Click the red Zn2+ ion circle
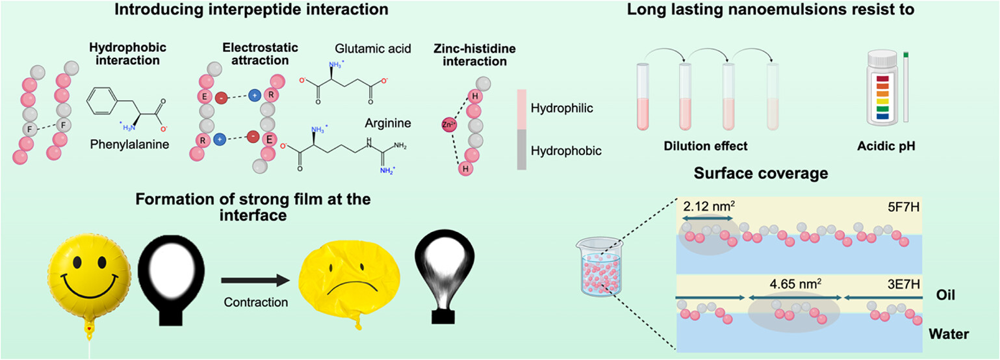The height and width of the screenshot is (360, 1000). (x=448, y=125)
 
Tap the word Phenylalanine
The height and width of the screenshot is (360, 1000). (x=129, y=144)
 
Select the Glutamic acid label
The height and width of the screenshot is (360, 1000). (x=373, y=49)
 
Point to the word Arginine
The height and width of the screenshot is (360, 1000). (x=388, y=123)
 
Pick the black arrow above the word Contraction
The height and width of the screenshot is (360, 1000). (x=256, y=281)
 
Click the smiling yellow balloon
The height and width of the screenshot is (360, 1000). (x=89, y=272)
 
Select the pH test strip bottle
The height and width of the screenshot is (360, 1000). (x=882, y=88)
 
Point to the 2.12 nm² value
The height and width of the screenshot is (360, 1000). (x=709, y=207)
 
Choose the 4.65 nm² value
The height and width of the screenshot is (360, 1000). (x=795, y=284)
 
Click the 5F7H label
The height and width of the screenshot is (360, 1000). (x=904, y=207)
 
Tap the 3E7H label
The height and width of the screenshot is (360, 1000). (x=904, y=285)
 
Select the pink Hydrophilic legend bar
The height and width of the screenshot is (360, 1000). (x=521, y=109)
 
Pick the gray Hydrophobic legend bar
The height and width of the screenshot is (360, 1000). (x=521, y=149)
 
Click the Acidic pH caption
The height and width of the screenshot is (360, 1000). (x=886, y=146)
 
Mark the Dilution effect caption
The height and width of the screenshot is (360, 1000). (x=706, y=146)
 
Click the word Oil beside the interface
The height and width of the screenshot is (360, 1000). (x=945, y=295)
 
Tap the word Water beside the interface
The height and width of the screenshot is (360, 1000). (x=949, y=334)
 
